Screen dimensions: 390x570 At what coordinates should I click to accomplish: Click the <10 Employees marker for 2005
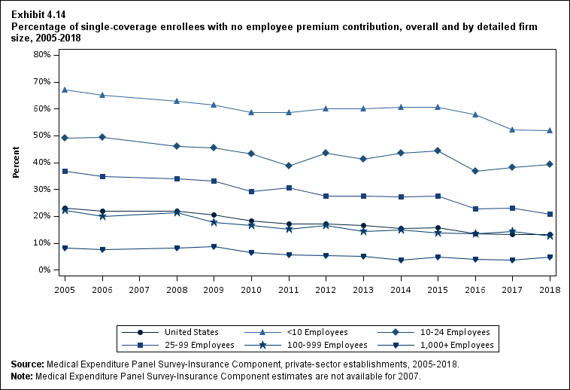pyautogui.click(x=65, y=90)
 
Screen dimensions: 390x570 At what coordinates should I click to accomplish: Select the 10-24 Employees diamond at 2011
pyautogui.click(x=289, y=166)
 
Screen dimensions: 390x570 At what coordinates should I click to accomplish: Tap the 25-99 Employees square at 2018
pyautogui.click(x=550, y=215)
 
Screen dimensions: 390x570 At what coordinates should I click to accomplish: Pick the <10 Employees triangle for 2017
pyautogui.click(x=512, y=129)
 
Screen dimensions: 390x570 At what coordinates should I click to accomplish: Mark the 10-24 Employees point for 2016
pyautogui.click(x=475, y=171)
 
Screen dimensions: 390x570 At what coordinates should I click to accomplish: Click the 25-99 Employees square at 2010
pyautogui.click(x=251, y=192)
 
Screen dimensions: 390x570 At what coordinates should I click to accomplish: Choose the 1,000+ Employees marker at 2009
pyautogui.click(x=214, y=247)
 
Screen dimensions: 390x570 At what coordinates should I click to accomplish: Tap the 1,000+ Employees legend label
pyautogui.click(x=458, y=345)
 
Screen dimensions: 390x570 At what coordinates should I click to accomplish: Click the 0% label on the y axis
pyautogui.click(x=44, y=270)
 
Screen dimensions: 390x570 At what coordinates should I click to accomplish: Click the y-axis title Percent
pyautogui.click(x=16, y=162)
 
